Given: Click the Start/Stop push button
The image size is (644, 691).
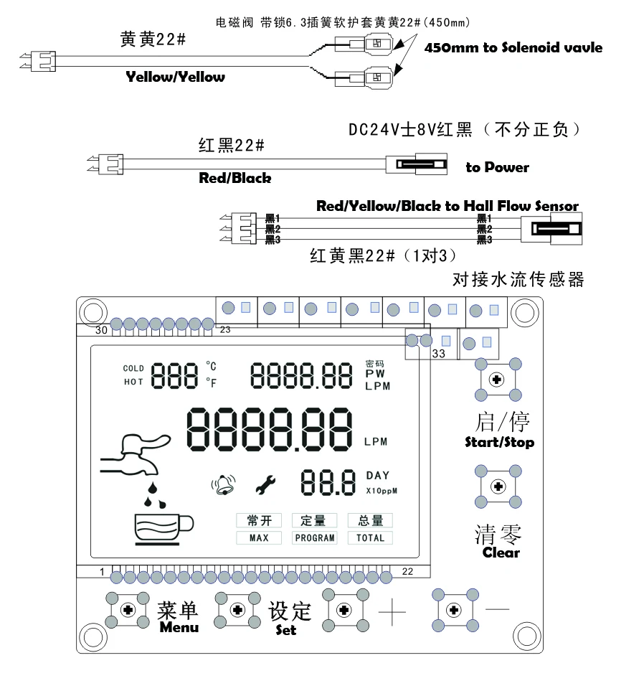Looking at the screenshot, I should (x=496, y=379).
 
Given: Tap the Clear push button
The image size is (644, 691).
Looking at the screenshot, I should (x=496, y=487).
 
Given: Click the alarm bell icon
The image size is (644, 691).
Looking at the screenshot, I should (x=223, y=486).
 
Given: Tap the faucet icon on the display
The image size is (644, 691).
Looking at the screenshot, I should (x=134, y=454).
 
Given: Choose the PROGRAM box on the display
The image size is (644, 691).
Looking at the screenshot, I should (x=314, y=537).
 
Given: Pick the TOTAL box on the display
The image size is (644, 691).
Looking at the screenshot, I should (x=370, y=537).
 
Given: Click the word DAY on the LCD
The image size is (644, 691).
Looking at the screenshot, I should (x=377, y=475).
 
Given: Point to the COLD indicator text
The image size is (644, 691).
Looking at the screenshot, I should (x=133, y=369).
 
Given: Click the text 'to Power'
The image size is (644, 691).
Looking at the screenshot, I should (x=497, y=168).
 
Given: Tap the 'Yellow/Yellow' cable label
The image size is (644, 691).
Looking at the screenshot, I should (x=176, y=77).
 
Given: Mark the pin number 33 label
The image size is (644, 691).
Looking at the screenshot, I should (x=440, y=353).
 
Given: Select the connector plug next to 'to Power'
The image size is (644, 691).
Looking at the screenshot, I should (x=415, y=164).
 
